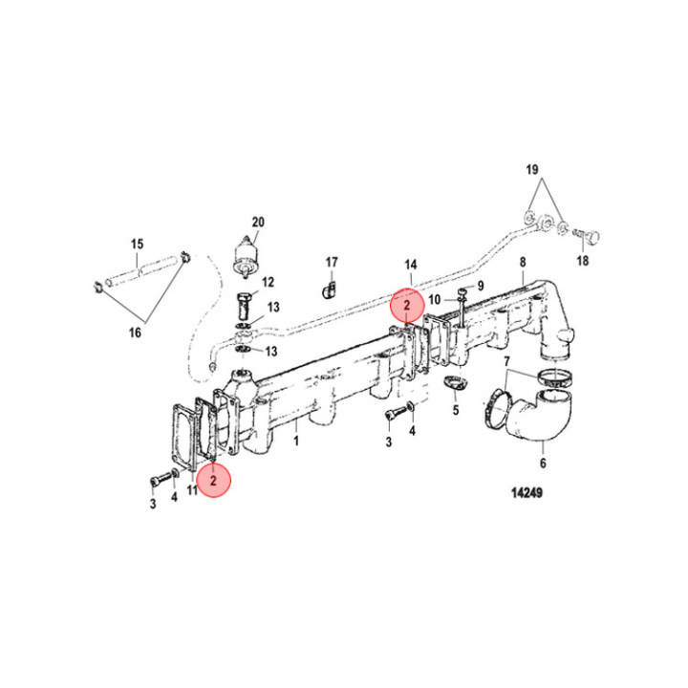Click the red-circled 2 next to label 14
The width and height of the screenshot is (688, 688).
click(406, 306)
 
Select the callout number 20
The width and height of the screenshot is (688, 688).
click(256, 221)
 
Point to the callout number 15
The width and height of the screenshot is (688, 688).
click(137, 245)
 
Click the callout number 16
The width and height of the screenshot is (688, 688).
click(134, 332)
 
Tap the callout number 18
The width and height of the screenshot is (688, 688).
click(582, 261)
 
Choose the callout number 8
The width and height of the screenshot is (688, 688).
click(523, 261)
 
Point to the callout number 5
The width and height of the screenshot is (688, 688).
click(456, 411)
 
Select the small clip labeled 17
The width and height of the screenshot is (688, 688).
click(329, 287)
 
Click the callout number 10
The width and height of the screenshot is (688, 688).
click(434, 299)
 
